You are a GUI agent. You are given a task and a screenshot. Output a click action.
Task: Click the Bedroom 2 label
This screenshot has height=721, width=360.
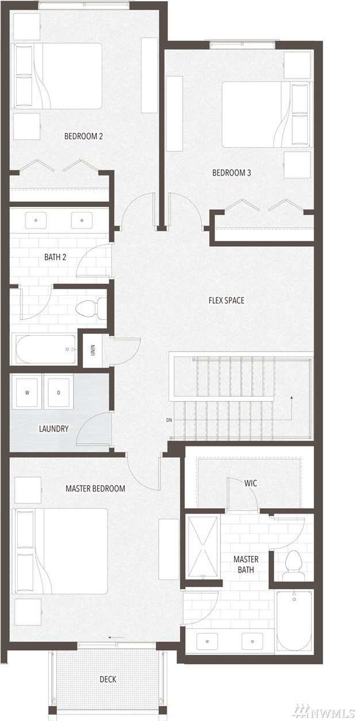pos(83,136)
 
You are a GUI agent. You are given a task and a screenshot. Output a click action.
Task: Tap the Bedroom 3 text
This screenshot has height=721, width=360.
pos(231,173)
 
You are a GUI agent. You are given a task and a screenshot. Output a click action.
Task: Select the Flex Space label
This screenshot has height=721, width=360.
pos(227,300)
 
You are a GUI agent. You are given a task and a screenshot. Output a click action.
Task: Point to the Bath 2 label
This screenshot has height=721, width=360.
pos(55,257)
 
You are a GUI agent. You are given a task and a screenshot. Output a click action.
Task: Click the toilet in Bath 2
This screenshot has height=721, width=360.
pos(91,308)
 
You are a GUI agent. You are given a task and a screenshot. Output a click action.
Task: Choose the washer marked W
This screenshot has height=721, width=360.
pos(28,392)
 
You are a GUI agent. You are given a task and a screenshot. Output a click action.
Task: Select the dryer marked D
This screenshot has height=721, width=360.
pos(59,392)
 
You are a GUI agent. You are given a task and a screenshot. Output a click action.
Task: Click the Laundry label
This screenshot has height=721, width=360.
pos(53,429)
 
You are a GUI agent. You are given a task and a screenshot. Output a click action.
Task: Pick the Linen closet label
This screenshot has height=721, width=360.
pos(93,350)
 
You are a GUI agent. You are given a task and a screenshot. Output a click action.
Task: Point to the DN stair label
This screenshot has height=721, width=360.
pos(169,420)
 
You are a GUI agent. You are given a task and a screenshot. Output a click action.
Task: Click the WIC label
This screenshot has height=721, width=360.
pos(251,483)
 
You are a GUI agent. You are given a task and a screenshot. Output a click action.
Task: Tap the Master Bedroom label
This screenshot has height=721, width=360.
pos(95,489)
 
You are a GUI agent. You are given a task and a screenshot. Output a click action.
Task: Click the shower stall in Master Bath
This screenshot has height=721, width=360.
pos(202,546)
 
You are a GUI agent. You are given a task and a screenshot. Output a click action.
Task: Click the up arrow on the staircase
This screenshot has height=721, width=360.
pos(292,408)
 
